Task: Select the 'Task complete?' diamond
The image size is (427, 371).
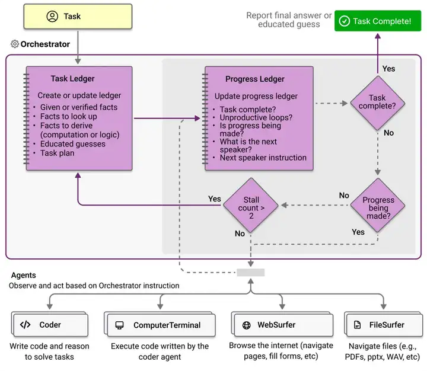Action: point(377,102)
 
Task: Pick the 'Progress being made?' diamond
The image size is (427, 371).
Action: point(378,205)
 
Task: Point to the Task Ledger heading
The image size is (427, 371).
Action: point(72,79)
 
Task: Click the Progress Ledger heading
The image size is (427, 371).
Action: point(255,79)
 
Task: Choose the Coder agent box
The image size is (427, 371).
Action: point(49,325)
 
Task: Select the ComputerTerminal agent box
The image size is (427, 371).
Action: point(157,325)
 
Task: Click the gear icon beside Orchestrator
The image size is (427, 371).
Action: point(15,44)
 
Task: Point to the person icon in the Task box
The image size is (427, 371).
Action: point(52,17)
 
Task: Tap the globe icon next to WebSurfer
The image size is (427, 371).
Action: point(246,325)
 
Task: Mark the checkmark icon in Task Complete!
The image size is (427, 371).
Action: point(344,21)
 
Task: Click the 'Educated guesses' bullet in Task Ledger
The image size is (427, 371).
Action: point(72,143)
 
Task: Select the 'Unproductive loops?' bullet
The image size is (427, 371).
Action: point(256,118)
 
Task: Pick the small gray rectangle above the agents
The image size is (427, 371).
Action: point(250,273)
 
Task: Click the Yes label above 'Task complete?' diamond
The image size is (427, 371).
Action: point(388,69)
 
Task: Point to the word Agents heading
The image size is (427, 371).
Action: point(23,275)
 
